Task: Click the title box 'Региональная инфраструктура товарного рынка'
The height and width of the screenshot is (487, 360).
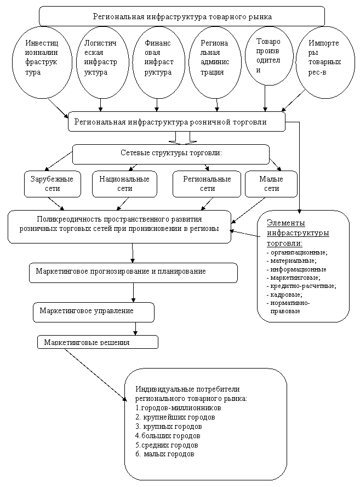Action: click(x=182, y=16)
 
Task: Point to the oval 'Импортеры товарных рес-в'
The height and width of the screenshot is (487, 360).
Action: click(x=323, y=58)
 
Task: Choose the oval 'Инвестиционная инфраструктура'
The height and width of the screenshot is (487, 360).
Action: click(x=42, y=58)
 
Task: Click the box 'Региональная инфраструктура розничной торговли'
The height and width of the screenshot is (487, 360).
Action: click(x=176, y=122)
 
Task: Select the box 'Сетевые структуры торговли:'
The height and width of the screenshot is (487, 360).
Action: click(x=171, y=154)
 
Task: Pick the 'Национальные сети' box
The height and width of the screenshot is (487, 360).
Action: click(x=124, y=184)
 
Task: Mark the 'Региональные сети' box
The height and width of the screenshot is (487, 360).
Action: click(x=207, y=184)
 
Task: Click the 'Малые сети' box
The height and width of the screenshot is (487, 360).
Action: click(x=271, y=184)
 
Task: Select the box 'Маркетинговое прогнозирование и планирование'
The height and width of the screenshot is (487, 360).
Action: click(x=133, y=272)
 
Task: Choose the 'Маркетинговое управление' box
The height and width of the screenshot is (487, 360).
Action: click(x=93, y=312)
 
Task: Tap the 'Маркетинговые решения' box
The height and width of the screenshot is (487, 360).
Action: click(x=98, y=342)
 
